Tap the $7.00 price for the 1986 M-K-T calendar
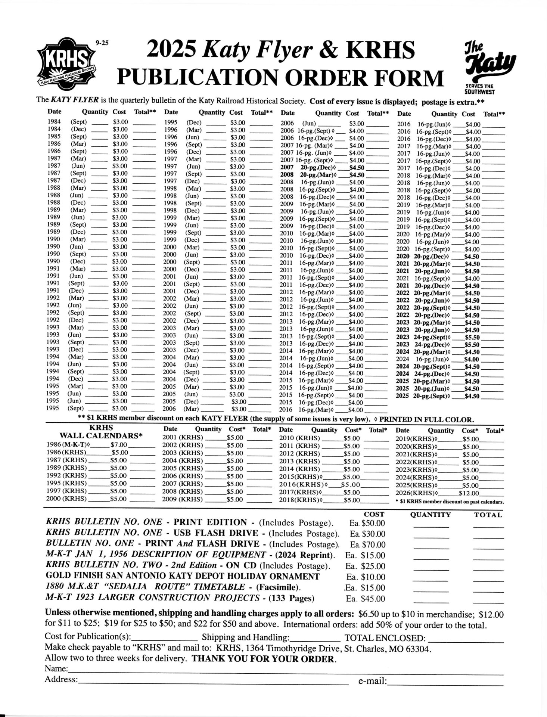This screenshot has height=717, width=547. pyautogui.click(x=119, y=445)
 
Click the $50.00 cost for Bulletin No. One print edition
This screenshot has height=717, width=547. pyautogui.click(x=373, y=523)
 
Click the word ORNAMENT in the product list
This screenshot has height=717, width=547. pyautogui.click(x=293, y=577)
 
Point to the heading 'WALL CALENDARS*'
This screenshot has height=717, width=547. pyautogui.click(x=102, y=436)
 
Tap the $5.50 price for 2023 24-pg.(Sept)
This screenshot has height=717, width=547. pyautogui.click(x=472, y=337)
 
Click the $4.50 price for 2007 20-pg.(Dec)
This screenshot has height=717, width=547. pyautogui.click(x=357, y=168)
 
